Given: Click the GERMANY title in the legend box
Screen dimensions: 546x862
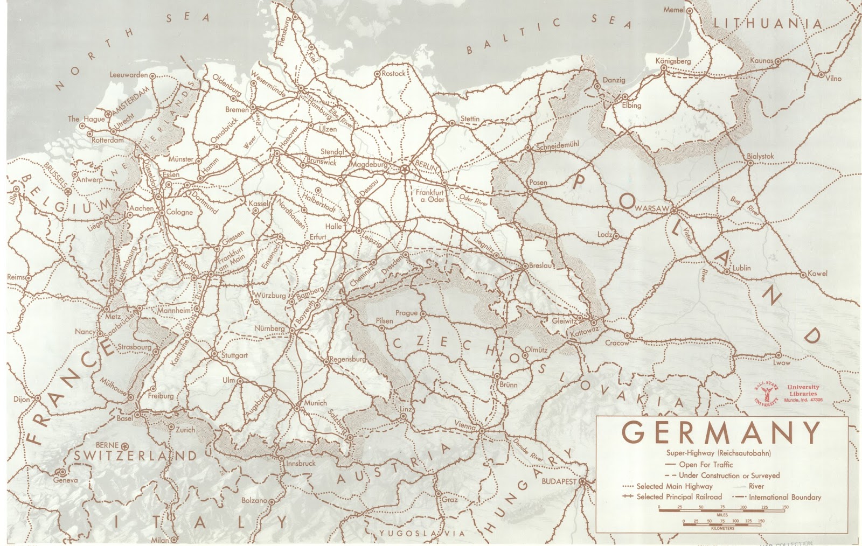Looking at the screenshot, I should [x=722, y=432].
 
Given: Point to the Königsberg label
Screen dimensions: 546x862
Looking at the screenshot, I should [x=673, y=61].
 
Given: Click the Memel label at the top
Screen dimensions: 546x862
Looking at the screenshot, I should [x=674, y=10].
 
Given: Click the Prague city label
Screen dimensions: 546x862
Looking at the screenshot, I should [x=406, y=313].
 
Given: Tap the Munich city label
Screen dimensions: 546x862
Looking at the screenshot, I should [x=315, y=403].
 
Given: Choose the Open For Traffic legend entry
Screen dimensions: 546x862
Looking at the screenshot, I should [x=706, y=465].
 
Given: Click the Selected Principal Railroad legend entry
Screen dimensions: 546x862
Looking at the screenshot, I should [x=679, y=496].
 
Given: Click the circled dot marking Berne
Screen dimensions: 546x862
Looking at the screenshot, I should [x=125, y=446].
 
